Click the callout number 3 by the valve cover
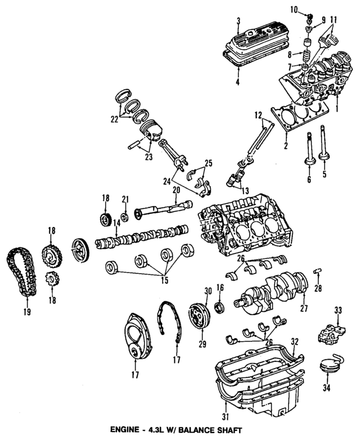(238, 21)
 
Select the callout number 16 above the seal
(220, 287)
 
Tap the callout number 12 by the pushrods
(257, 115)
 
